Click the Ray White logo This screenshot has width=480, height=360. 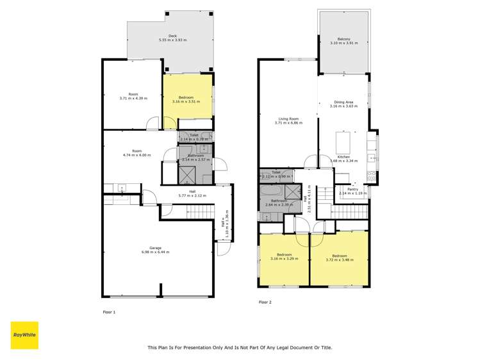(24, 335)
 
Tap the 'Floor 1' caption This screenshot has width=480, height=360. (110, 312)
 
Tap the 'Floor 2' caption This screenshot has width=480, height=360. (265, 302)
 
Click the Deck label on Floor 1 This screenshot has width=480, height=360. (172, 38)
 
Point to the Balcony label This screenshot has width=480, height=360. (344, 41)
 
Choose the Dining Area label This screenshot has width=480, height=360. (343, 104)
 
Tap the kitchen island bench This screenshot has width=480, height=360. (344, 140)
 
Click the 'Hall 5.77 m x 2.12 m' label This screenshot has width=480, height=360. (192, 193)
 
